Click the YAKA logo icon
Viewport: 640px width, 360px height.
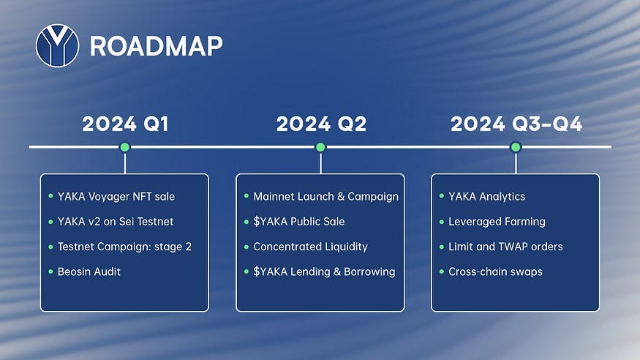(57, 46)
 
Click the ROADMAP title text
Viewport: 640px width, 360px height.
(156, 47)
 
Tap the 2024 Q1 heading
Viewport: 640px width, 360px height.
(125, 124)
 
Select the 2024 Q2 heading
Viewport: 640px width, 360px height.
(320, 124)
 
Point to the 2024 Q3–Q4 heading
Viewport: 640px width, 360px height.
(516, 124)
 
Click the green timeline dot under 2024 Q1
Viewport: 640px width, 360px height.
(125, 147)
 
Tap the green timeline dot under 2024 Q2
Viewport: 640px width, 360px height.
(320, 147)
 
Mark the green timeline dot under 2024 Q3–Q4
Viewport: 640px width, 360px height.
(516, 147)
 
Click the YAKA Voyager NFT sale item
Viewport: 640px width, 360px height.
(116, 196)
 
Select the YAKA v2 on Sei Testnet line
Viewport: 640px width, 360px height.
(115, 222)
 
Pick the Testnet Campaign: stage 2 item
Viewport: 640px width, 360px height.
(124, 247)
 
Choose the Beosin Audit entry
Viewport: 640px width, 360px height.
(89, 271)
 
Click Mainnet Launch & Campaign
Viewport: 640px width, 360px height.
(325, 196)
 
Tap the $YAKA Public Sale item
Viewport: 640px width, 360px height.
(298, 222)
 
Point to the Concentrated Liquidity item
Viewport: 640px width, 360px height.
(310, 247)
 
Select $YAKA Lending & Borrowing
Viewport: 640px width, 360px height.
(324, 271)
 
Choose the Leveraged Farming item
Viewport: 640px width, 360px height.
(497, 222)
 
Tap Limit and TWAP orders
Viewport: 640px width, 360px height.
(505, 247)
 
